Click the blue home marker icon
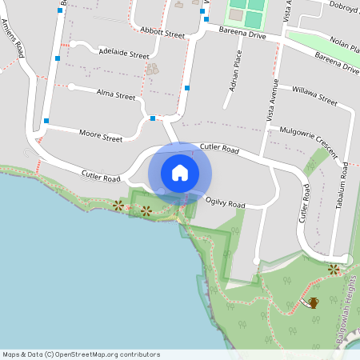pyautogui.click(x=180, y=172)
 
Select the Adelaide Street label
pyautogui.click(x=124, y=55)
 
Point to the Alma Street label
pyautogui.click(x=117, y=95)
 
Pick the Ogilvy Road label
pyautogui.click(x=225, y=204)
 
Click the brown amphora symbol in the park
pyautogui.click(x=314, y=302)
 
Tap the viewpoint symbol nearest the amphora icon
pyautogui.click(x=334, y=270)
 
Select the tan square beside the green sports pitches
pyautogui.click(x=235, y=14)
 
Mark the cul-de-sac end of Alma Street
pyautogui.click(x=71, y=86)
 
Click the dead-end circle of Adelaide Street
pyautogui.click(x=70, y=45)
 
